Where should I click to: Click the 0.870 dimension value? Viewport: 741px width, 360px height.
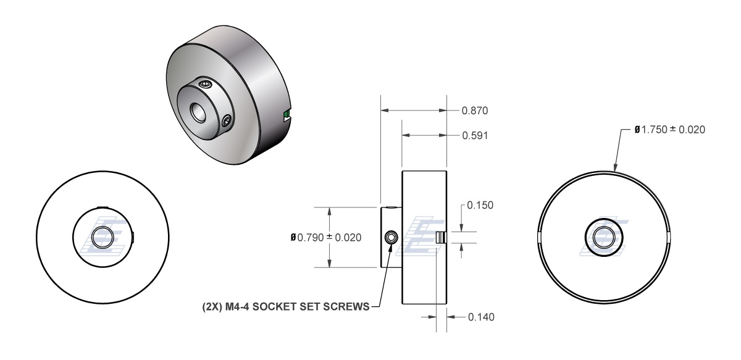pyautogui.click(x=475, y=112)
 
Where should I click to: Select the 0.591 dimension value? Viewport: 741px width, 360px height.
pyautogui.click(x=475, y=136)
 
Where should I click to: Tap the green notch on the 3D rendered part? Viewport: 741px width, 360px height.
pyautogui.click(x=285, y=114)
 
